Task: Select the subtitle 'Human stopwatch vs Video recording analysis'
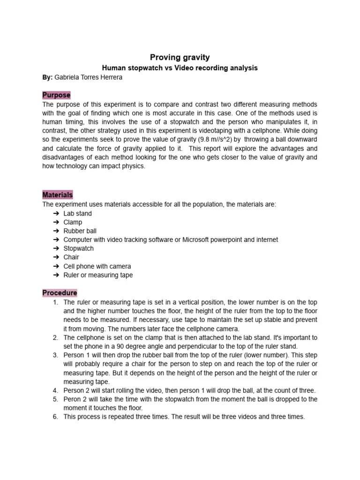coord(180,68)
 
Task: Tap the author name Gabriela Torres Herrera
coord(89,77)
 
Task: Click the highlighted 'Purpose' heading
coord(56,95)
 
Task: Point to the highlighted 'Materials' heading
coord(58,195)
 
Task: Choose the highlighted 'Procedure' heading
coord(60,293)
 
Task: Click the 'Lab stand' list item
coord(78,213)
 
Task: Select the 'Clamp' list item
coord(73,222)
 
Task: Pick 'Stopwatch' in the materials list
coord(79,248)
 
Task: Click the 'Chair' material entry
coord(71,257)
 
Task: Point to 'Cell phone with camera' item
coord(97,266)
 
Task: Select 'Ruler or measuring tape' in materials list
coord(98,275)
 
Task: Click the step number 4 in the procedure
coord(55,390)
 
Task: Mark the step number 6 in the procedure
coord(55,417)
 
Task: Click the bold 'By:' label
coord(48,77)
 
